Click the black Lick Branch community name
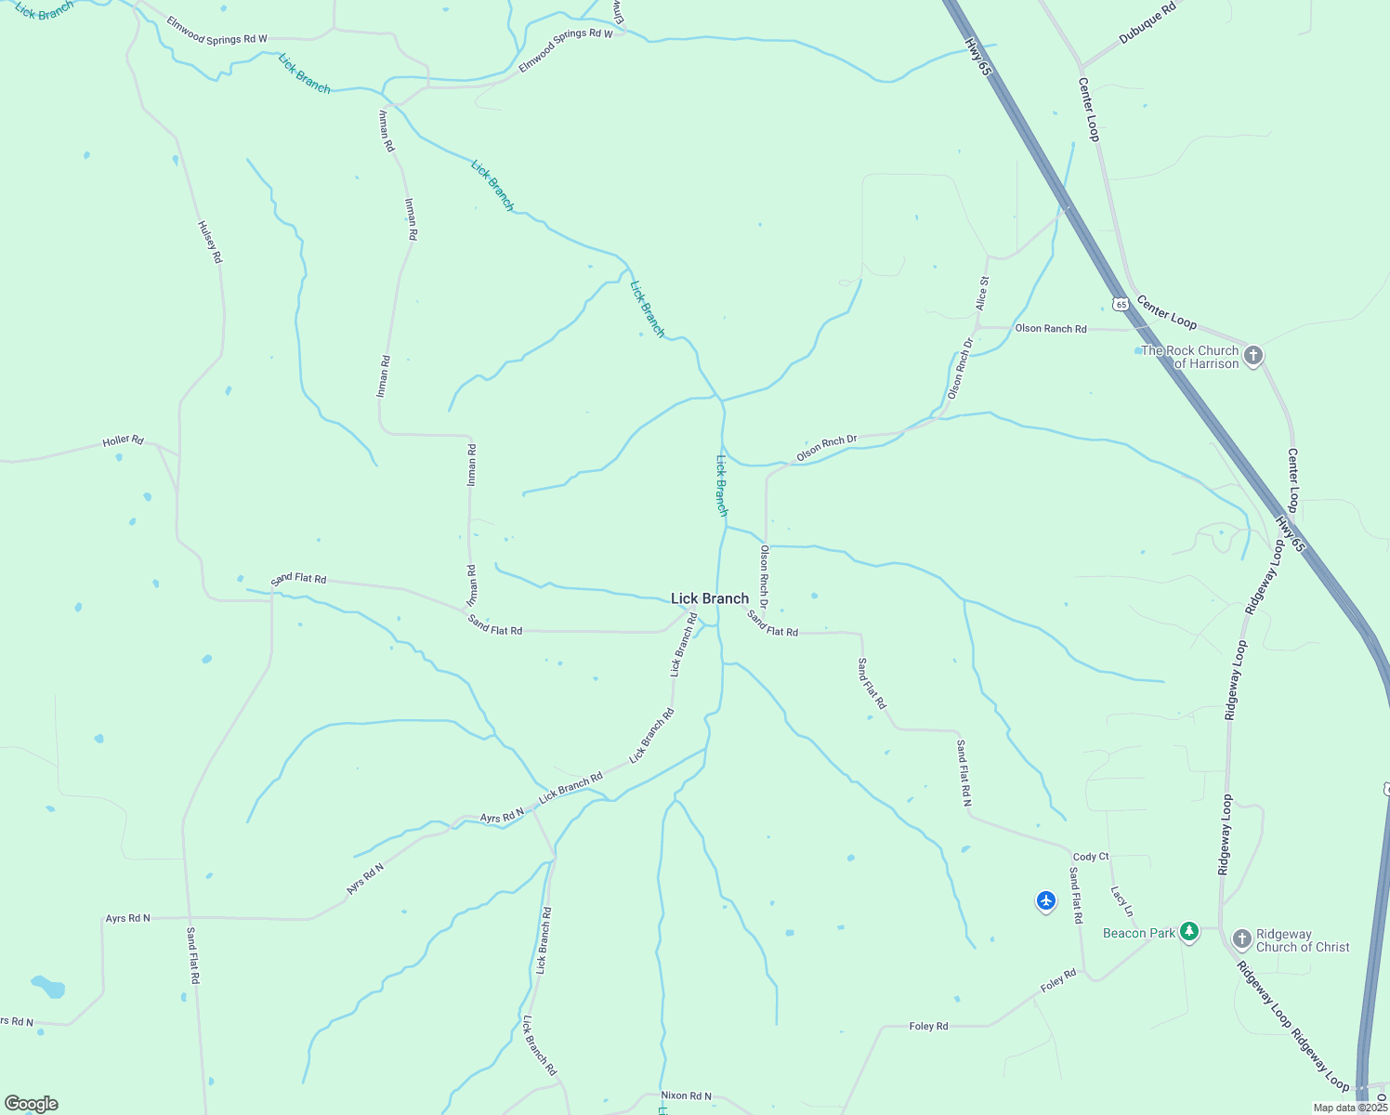tap(710, 599)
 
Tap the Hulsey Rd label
tap(211, 242)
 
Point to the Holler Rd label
tap(124, 440)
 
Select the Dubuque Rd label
tap(1147, 22)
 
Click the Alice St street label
tap(982, 293)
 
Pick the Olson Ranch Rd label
tap(1051, 329)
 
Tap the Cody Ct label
tap(1091, 857)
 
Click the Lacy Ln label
tap(1122, 900)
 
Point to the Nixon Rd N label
tap(686, 1096)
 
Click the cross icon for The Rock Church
tap(1252, 356)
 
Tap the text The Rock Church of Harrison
tap(1190, 357)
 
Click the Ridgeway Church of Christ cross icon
tap(1242, 939)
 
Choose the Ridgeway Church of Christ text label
tap(1303, 940)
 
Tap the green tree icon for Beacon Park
tap(1188, 932)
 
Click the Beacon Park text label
tap(1139, 933)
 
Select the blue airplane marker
tap(1046, 900)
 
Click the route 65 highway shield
tap(1121, 304)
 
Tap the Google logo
tap(32, 1104)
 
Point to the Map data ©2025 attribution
tap(1350, 1108)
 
